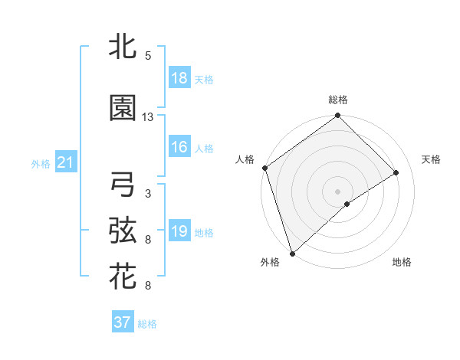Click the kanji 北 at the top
pos(123,48)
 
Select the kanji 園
pos(123,108)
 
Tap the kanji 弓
pos(123,185)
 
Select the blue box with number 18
pos(179,78)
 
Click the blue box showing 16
pos(179,147)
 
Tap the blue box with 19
pos(179,231)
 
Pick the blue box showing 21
pos(65,162)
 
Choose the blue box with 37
pos(123,322)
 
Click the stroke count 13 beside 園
pos(148,117)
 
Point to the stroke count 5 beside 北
pos(148,56)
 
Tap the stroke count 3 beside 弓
pos(148,194)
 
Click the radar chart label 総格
pos(337,100)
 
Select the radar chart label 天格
pos(431,159)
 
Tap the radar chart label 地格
pos(401,262)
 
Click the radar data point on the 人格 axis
pos(264,168)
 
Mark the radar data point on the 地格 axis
pos(347,204)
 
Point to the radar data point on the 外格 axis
pos(292,252)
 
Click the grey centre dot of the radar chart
pos(337,190)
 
